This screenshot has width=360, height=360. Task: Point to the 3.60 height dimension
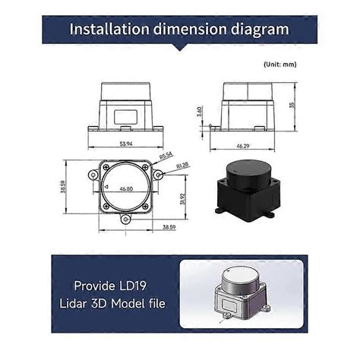(x=199, y=112)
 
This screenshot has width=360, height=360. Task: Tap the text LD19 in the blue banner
(x=135, y=288)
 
